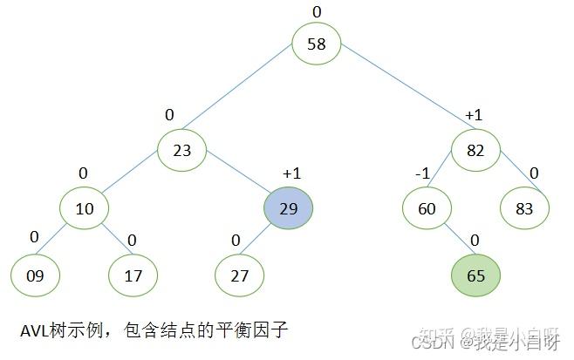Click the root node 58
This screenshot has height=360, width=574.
316,44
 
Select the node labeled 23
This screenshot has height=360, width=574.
181,151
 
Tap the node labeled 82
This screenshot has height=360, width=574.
475,151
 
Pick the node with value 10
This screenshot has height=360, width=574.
84,208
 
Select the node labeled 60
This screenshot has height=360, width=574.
427,208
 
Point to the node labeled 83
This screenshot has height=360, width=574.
523,208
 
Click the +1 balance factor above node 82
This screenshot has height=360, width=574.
474,115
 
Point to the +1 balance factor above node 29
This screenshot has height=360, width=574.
291,173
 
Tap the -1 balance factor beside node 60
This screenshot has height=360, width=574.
422,173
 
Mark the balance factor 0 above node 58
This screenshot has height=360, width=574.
317,10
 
